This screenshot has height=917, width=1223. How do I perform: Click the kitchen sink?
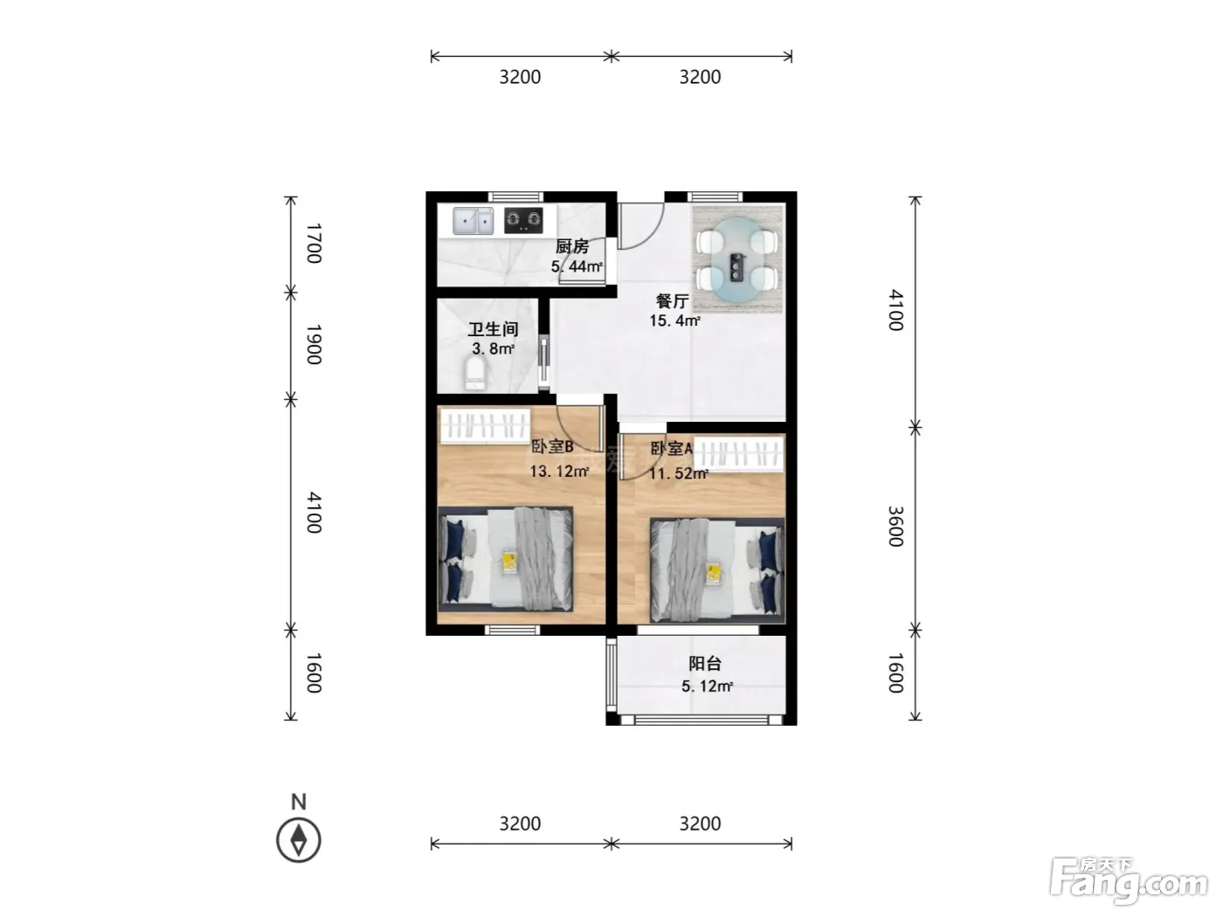pyautogui.click(x=473, y=221)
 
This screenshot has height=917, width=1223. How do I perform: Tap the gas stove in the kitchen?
pyautogui.click(x=523, y=220)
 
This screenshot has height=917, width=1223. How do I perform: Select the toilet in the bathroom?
pyautogui.click(x=474, y=374)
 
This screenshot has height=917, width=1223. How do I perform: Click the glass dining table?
pyautogui.click(x=737, y=258)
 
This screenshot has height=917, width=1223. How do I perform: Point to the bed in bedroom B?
pyautogui.click(x=505, y=559)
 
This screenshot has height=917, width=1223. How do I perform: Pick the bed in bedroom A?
pyautogui.click(x=718, y=570)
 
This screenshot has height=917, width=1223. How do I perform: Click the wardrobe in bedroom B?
pyautogui.click(x=486, y=426)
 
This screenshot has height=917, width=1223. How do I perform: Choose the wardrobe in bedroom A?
pyautogui.click(x=739, y=454)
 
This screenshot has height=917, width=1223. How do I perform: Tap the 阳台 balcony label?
pyautogui.click(x=705, y=663)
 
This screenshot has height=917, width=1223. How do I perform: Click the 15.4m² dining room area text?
pyautogui.click(x=674, y=321)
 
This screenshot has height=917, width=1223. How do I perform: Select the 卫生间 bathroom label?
pyautogui.click(x=493, y=329)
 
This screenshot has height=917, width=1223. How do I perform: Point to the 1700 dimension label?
pyautogui.click(x=314, y=244)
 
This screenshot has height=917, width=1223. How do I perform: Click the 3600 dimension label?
pyautogui.click(x=895, y=526)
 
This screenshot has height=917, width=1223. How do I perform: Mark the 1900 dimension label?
pyautogui.click(x=314, y=345)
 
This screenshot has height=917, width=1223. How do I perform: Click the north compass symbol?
pyautogui.click(x=299, y=840)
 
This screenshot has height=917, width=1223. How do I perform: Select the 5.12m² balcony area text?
pyautogui.click(x=707, y=686)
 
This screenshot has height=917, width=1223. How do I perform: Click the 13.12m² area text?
pyautogui.click(x=559, y=472)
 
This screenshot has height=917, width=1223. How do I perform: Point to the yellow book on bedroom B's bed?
pyautogui.click(x=508, y=562)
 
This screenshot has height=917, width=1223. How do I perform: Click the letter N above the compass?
pyautogui.click(x=299, y=802)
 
